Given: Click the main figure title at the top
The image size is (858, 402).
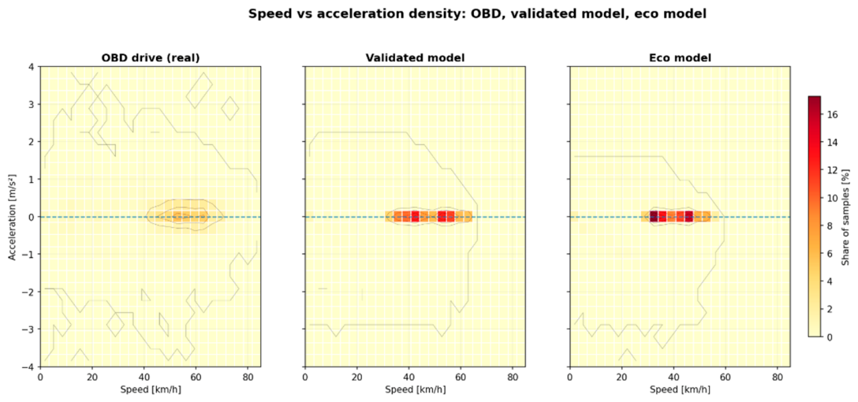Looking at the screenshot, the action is pyautogui.click(x=477, y=14).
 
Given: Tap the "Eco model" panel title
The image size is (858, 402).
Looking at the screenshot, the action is pyautogui.click(x=680, y=58).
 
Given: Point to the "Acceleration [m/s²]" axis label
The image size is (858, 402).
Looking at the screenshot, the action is pyautogui.click(x=13, y=217).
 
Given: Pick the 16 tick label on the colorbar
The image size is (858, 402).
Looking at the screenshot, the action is pyautogui.click(x=834, y=115).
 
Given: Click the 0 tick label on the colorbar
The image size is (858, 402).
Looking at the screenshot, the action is pyautogui.click(x=831, y=337).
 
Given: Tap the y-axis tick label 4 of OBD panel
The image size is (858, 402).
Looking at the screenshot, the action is pyautogui.click(x=32, y=67).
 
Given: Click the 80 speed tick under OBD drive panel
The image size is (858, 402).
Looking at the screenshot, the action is pyautogui.click(x=247, y=378).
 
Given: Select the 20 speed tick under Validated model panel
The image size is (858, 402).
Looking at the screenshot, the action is pyautogui.click(x=356, y=378).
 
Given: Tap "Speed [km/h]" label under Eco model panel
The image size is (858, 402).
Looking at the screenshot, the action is pyautogui.click(x=681, y=389).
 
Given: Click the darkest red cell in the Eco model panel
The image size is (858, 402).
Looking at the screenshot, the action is pyautogui.click(x=653, y=217).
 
